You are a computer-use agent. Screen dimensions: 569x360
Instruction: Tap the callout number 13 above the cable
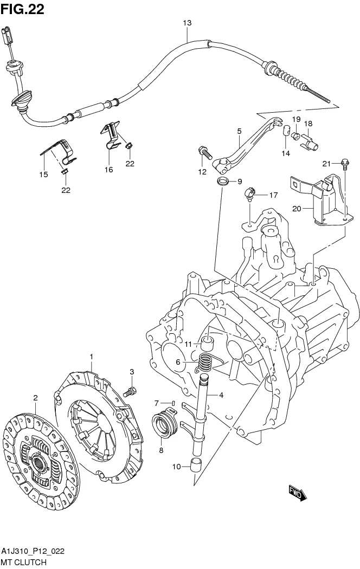pyautogui.click(x=187, y=23)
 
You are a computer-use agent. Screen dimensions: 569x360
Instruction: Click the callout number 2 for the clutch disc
pyautogui.click(x=35, y=398)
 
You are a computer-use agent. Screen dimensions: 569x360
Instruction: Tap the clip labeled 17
pyautogui.click(x=249, y=193)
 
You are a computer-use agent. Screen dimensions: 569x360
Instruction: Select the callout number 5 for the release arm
pyautogui.click(x=239, y=131)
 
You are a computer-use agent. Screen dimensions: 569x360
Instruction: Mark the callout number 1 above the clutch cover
pyautogui.click(x=92, y=356)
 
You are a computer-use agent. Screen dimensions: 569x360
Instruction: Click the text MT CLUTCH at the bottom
pyautogui.click(x=23, y=564)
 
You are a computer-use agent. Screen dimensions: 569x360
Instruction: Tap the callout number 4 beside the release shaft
pyautogui.click(x=221, y=395)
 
